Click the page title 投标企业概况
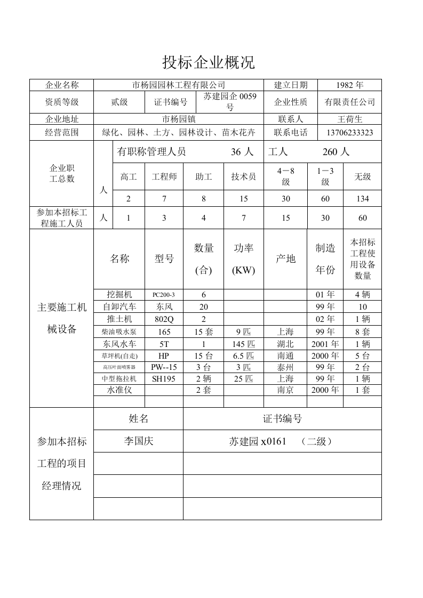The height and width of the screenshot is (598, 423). (209, 63)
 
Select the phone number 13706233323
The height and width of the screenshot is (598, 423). (349, 133)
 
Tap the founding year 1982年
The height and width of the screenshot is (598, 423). (349, 85)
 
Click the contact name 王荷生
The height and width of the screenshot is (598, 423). (349, 119)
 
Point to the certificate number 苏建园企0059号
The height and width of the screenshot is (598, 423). (230, 101)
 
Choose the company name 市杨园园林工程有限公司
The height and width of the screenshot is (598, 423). (179, 85)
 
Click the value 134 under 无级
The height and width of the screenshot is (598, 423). (362, 199)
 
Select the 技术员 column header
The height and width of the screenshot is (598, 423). (243, 176)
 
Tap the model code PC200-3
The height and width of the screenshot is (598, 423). (163, 295)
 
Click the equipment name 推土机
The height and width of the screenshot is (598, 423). (119, 319)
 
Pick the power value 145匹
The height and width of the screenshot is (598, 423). (243, 344)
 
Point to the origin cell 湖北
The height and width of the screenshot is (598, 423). (285, 344)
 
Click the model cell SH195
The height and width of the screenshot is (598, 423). (163, 378)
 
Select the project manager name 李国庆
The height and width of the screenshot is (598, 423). (138, 441)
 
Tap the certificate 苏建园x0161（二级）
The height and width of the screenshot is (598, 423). (282, 441)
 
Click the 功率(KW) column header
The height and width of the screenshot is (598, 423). (243, 259)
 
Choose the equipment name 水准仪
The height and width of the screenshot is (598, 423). (119, 390)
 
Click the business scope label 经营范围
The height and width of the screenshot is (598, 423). (62, 133)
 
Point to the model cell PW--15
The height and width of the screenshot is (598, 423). (163, 367)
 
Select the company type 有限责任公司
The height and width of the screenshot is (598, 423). (349, 102)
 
